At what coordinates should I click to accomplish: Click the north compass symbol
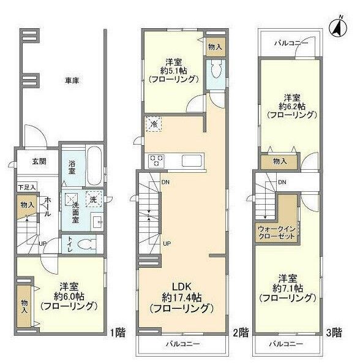(336, 27)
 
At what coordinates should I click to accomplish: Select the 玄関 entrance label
(39, 162)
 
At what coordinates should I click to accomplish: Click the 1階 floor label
(118, 333)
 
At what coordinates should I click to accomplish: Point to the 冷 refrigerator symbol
(152, 124)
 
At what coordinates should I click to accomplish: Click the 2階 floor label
(241, 333)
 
